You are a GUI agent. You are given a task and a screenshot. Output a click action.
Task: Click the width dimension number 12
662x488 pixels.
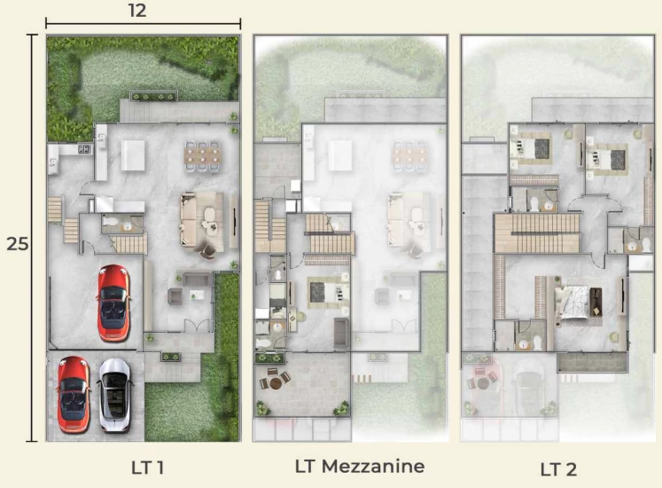coord(137,10)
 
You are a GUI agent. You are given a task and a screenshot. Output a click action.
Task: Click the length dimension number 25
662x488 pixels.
coord(18,244)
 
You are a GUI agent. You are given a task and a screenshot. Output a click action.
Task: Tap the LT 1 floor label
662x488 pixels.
coord(147,468)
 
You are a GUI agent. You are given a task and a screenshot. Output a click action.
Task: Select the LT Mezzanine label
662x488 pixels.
coord(360,466)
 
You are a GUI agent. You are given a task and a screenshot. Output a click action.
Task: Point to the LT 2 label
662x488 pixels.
coord(558,469)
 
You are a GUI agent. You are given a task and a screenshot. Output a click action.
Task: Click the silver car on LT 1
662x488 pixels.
coord(115,395)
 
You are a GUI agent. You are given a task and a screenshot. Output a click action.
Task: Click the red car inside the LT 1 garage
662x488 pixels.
coord(113,303)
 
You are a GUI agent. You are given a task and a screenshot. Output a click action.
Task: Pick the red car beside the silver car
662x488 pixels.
coord(74,394)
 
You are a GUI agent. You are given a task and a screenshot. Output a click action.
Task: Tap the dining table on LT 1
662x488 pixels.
coord(203,155)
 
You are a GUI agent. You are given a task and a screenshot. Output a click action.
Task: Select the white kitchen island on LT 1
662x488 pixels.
coord(133,155)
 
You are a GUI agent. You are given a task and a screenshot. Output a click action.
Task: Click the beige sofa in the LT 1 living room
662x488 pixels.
coord(190,220)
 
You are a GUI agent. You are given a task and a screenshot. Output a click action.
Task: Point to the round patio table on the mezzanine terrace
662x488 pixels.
coord(275,383)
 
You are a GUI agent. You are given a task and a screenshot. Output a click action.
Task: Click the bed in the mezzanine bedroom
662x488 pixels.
coord(328,292)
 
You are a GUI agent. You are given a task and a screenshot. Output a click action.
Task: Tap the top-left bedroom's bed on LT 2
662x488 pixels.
coord(531,148)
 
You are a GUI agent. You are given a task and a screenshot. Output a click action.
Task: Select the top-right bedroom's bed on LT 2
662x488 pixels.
coord(607,159)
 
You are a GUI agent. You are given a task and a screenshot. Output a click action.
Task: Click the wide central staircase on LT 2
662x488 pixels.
coord(537,232)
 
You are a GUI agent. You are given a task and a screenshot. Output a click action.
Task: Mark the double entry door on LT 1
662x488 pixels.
coord(197,326)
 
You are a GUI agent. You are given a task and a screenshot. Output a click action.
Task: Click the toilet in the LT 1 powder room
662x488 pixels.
coord(112,221)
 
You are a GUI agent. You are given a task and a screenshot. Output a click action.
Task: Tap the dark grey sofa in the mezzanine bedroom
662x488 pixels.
coord(341,333)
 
